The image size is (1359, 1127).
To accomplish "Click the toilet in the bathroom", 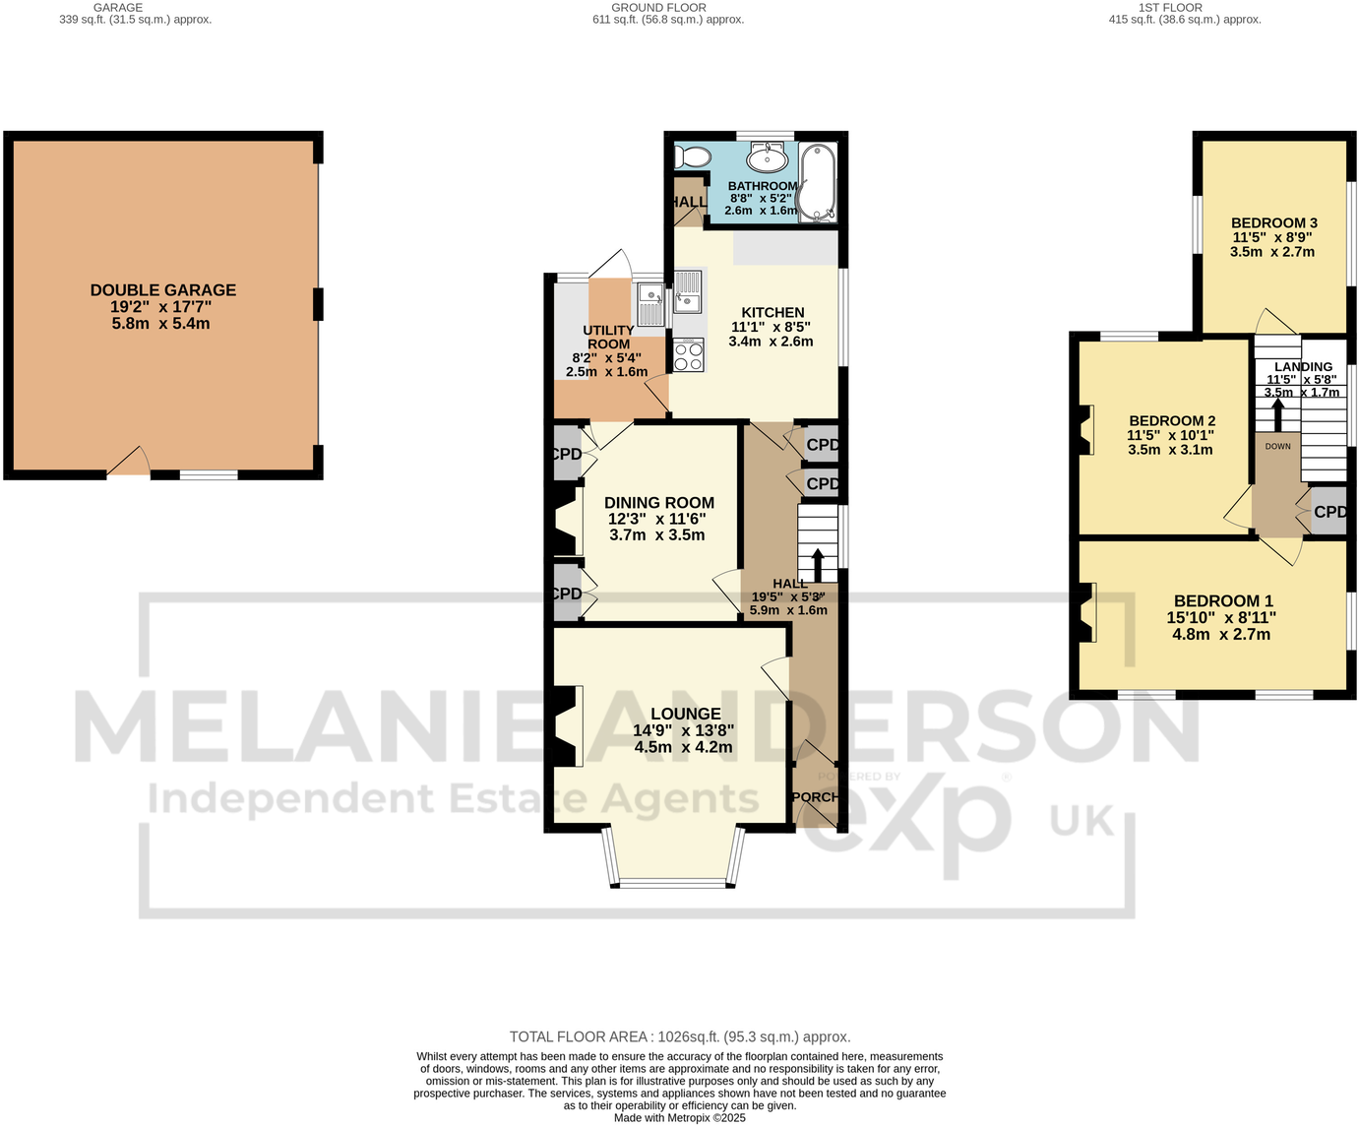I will [x=695, y=157].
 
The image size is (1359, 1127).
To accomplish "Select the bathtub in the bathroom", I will [x=817, y=182].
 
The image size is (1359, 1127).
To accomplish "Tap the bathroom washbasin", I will [x=767, y=157].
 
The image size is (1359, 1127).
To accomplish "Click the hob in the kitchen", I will [x=689, y=354].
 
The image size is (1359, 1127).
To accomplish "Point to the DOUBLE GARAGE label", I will [x=163, y=290].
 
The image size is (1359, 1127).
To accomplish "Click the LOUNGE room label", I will [x=685, y=714].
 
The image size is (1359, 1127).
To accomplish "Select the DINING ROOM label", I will [x=658, y=503].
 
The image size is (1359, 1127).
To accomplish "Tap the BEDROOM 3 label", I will [x=1273, y=223].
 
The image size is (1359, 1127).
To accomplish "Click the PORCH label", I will [x=815, y=797].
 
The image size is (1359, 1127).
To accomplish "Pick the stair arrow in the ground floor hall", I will [x=817, y=565].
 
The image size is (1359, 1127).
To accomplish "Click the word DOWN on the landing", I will [x=1277, y=446].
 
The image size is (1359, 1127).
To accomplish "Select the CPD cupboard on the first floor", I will [x=1328, y=512].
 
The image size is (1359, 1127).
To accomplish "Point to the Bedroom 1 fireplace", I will [x=1087, y=612].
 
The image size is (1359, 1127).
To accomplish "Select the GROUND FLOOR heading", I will [x=658, y=8].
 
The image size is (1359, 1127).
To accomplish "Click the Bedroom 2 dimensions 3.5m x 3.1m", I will [x=1170, y=450].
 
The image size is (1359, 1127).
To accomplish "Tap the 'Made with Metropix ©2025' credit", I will [x=679, y=1118].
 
